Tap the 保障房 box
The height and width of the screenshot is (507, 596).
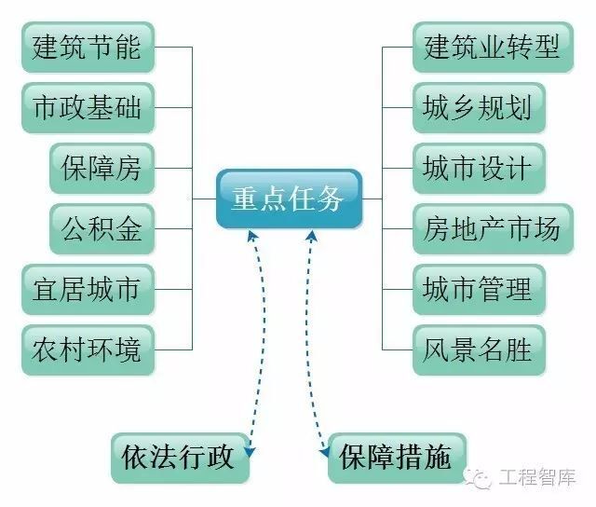pos(102,168)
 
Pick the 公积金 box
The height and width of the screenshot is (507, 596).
pos(102,228)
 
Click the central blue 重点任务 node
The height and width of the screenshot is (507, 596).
pos(288,199)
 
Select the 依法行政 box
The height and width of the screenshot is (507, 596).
pos(181,457)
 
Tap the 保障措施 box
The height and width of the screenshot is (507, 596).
pos(396,457)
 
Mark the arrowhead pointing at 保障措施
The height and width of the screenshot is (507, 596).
pos(325,454)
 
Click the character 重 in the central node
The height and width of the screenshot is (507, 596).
pos(244,199)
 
